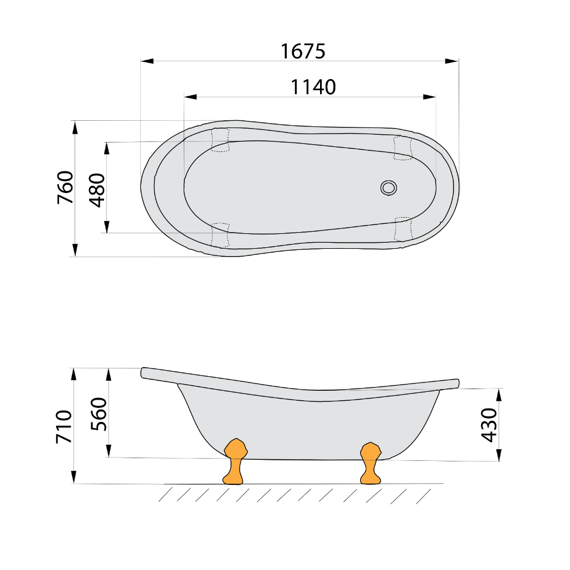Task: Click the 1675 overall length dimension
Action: [x=303, y=51]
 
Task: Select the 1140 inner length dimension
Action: [x=313, y=87]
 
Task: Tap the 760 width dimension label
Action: [x=66, y=187]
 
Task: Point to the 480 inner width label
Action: [x=97, y=190]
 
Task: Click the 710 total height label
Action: [x=64, y=427]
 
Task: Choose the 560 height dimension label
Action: [x=99, y=414]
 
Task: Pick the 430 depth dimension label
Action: [x=489, y=425]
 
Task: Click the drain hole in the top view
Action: [x=389, y=188]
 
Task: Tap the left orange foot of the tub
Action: [x=235, y=461]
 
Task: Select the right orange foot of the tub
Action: [x=371, y=463]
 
